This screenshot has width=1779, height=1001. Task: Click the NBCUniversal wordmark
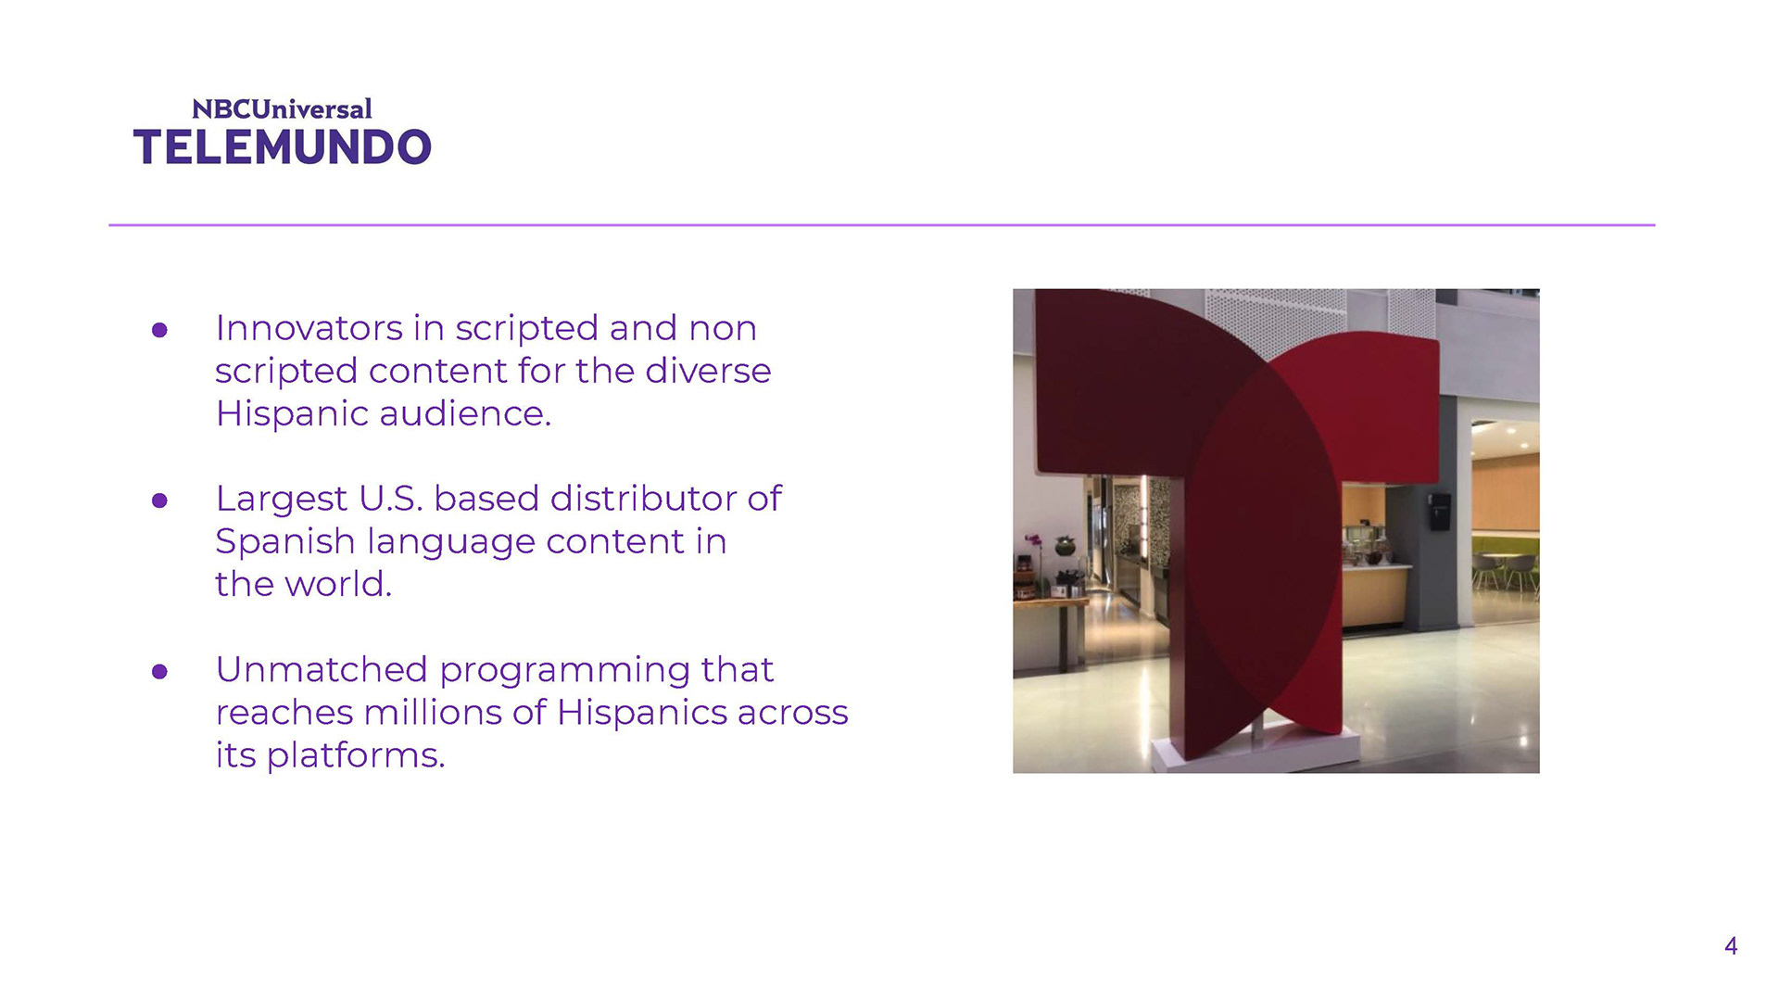(x=282, y=109)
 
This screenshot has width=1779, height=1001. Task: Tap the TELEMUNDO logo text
(x=283, y=148)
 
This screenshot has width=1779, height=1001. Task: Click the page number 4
(x=1731, y=946)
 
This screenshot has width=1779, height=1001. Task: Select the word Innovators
(x=309, y=328)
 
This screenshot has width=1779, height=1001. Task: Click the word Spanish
(x=285, y=542)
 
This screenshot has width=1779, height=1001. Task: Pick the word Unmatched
(x=322, y=669)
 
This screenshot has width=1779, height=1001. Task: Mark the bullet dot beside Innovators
(x=159, y=330)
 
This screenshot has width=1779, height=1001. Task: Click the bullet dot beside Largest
(x=159, y=500)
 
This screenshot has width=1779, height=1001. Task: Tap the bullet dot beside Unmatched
(x=159, y=671)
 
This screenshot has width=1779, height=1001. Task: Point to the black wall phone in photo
(x=1438, y=512)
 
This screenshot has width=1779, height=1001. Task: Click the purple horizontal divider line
(x=881, y=224)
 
